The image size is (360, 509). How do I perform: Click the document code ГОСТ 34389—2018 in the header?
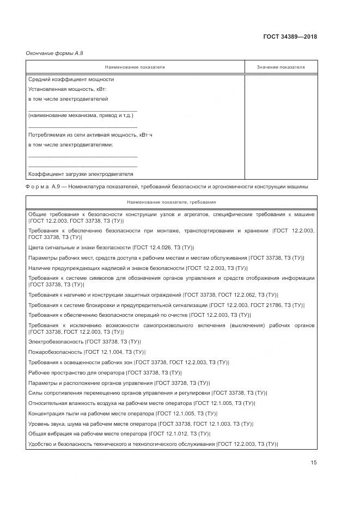pyautogui.click(x=290, y=37)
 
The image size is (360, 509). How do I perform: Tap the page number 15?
pyautogui.click(x=314, y=463)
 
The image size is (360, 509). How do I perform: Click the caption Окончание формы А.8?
pyautogui.click(x=54, y=53)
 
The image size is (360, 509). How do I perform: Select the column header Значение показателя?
pyautogui.click(x=280, y=67)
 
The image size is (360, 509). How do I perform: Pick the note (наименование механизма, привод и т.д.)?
pyautogui.click(x=80, y=115)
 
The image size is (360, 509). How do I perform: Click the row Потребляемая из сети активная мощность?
pyautogui.click(x=90, y=134)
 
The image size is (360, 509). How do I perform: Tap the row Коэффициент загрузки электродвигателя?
pyautogui.click(x=80, y=174)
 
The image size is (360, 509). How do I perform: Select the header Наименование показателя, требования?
pyautogui.click(x=171, y=202)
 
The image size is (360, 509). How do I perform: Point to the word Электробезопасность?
pyautogui.click(x=56, y=341)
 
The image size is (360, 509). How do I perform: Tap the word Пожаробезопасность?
pyautogui.click(x=54, y=352)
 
